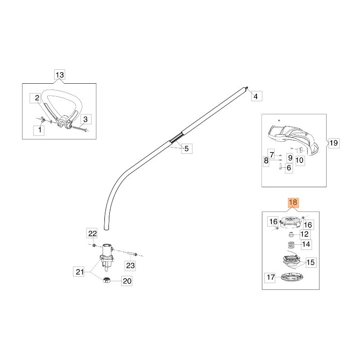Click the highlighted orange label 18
click(x=292, y=203)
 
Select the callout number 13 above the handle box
click(x=59, y=75)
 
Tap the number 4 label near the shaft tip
click(x=255, y=96)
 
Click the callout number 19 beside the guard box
click(x=333, y=144)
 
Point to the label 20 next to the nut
click(x=127, y=281)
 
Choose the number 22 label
click(x=92, y=234)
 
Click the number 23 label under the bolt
click(x=130, y=265)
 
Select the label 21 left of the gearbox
click(x=80, y=271)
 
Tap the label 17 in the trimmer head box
click(x=270, y=278)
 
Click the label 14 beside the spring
click(x=306, y=245)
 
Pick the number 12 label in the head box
click(x=305, y=234)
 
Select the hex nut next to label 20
click(x=108, y=281)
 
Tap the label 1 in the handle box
click(x=40, y=130)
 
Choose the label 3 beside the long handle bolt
click(x=86, y=119)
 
